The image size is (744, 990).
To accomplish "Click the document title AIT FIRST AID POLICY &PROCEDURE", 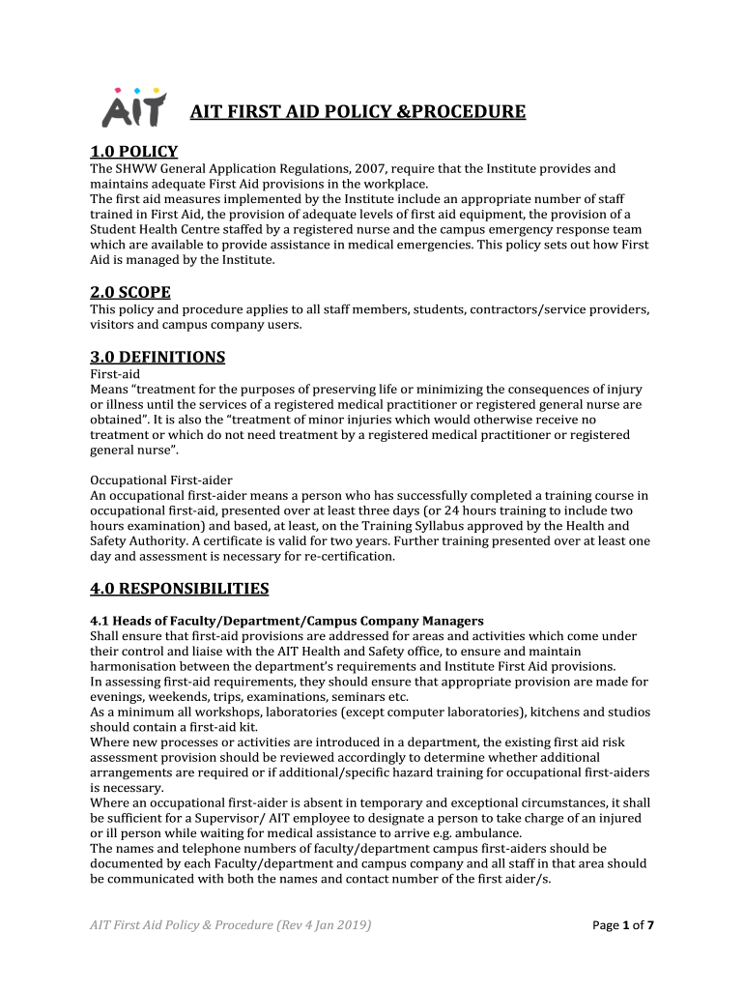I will point(358,112).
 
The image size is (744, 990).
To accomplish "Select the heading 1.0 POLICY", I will point(133,152).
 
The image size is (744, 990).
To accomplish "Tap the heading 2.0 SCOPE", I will point(129,292).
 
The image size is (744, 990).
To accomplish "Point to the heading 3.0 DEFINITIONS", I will point(157,357).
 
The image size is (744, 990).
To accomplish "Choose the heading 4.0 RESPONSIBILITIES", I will point(179,588).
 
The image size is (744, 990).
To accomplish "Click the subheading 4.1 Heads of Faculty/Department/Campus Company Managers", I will point(287,621).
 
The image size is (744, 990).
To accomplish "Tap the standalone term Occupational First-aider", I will point(161,480).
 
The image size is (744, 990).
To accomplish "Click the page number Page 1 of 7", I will point(623,926).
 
